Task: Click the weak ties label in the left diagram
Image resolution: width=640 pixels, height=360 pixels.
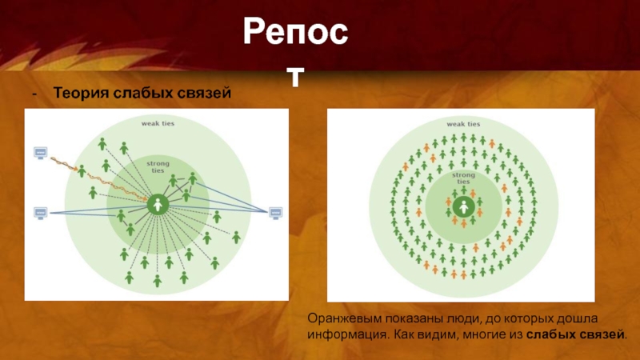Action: pos(158,123)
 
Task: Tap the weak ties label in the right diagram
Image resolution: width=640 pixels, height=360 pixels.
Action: pos(463,124)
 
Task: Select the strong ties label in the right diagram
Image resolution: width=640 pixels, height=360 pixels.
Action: pos(463,177)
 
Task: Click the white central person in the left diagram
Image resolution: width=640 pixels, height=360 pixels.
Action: pos(158,205)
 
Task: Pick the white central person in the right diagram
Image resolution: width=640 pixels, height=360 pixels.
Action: pos(463,208)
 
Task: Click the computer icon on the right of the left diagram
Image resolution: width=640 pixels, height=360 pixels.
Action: pos(275,213)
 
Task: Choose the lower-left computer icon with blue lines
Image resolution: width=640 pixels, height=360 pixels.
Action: pos(41,212)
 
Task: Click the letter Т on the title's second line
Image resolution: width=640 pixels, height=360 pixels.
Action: pos(296,76)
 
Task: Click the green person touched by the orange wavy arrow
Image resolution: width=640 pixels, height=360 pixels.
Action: pos(82,170)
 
